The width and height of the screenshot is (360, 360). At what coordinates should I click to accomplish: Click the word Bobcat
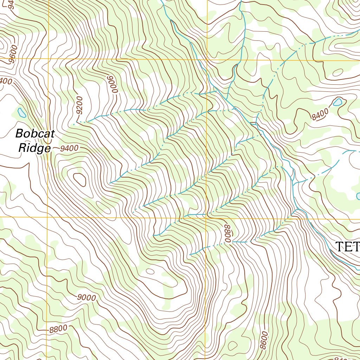[35, 134]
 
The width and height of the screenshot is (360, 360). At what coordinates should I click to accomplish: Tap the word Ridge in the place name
[34, 148]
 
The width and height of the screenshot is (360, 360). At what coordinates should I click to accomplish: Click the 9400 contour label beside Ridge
[69, 148]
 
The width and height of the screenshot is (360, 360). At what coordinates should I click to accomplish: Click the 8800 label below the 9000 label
[58, 329]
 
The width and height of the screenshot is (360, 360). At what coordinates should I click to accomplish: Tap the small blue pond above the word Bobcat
[21, 113]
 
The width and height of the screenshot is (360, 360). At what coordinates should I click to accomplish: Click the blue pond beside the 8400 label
[337, 102]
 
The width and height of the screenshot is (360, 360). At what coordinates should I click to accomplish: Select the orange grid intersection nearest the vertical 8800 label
[206, 218]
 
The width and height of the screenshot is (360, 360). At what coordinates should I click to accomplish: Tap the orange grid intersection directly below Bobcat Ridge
[47, 217]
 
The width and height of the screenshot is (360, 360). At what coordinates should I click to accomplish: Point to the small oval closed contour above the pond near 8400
[337, 72]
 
